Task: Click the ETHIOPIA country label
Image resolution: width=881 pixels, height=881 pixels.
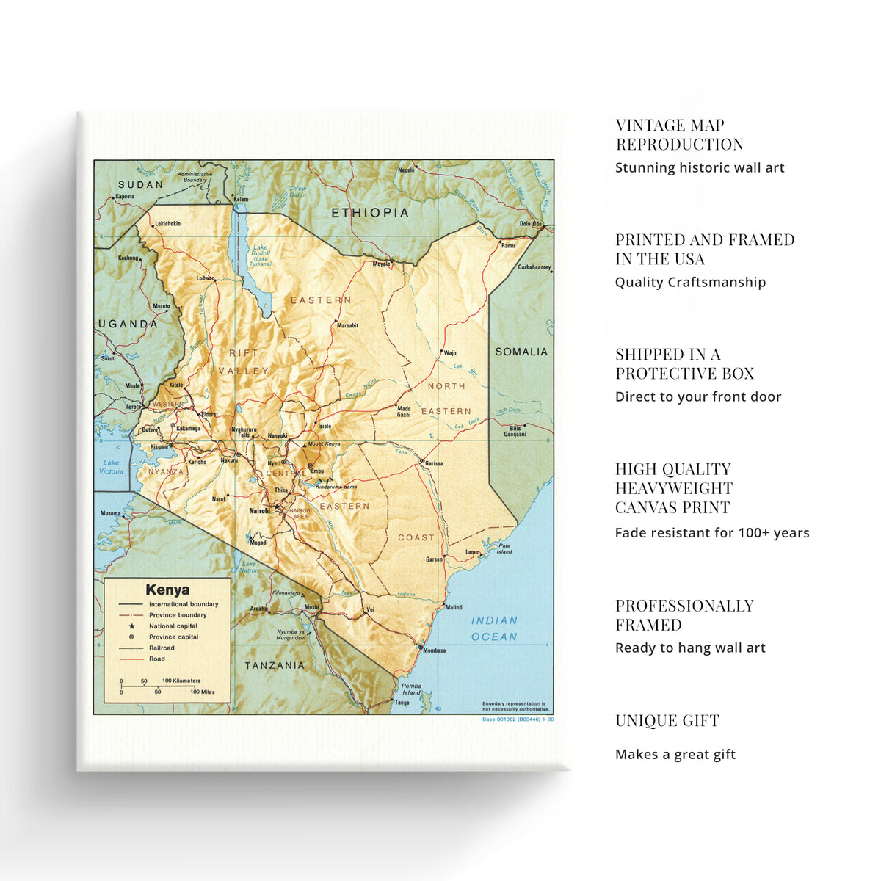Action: coord(369,213)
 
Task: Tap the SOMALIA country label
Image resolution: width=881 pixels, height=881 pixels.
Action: coord(521,352)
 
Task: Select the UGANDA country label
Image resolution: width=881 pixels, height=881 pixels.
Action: coord(128,324)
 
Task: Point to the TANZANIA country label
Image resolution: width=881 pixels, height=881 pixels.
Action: coord(275,665)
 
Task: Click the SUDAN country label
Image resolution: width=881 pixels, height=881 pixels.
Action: coord(140,185)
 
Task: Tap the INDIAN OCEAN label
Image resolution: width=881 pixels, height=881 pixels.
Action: coord(494,628)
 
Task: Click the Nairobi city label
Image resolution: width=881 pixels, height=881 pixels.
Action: coord(260,510)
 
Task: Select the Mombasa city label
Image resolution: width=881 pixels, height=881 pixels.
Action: coord(434,650)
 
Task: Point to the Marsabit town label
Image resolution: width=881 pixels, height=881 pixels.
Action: coord(347,325)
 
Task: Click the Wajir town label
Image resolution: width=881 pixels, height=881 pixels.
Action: coord(450,353)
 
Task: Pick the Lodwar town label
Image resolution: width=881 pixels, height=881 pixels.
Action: coord(205,278)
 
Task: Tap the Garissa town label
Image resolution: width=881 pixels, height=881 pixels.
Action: coord(434,463)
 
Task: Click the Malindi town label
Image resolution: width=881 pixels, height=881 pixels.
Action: coord(454,607)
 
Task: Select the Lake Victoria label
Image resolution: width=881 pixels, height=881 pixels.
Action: coord(112,467)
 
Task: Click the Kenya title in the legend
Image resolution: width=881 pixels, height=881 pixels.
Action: coord(167,590)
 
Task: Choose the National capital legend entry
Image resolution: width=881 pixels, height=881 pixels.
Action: coord(173,626)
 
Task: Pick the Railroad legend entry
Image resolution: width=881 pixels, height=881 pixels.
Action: coord(162,648)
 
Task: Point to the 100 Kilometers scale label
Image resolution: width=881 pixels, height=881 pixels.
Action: coord(181,681)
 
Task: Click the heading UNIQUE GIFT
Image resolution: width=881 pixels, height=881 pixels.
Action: coord(667,721)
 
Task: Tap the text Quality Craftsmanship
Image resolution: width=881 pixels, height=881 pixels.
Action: coord(690,283)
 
